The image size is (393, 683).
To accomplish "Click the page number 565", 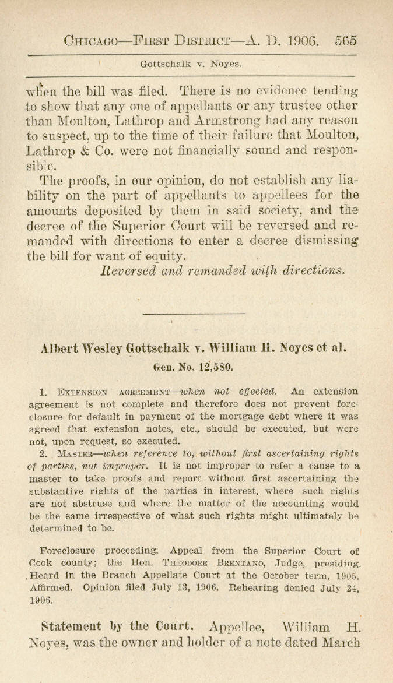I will [x=345, y=41].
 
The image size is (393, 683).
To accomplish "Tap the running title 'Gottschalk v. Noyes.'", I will [x=191, y=64].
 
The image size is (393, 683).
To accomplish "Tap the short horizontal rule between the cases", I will [x=194, y=314].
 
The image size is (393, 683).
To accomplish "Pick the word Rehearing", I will [x=254, y=587].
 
